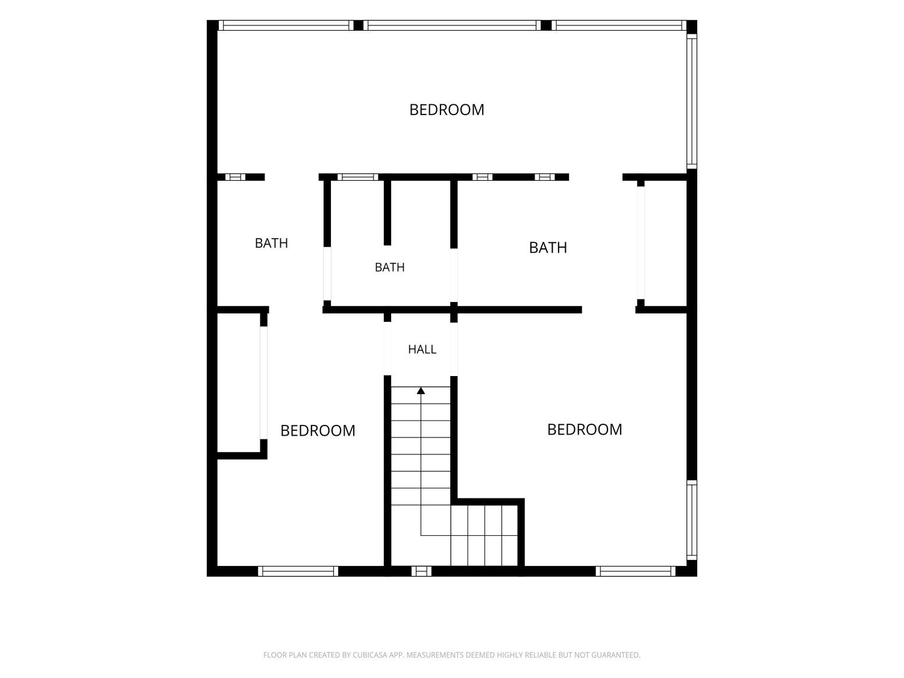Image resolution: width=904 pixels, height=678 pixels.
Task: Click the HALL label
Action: coord(422,350)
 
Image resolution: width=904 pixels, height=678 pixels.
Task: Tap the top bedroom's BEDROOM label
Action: coord(447,110)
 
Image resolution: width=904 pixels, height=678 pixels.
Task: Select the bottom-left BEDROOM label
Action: coord(318,431)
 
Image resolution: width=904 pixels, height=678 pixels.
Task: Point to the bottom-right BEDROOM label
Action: coord(585,430)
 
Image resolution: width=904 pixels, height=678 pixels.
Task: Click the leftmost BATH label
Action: coord(271,243)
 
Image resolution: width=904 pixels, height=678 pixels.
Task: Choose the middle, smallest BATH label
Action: coord(389,268)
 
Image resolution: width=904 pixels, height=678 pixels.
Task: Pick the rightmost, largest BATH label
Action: coord(548,248)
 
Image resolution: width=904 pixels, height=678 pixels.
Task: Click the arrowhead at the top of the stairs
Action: coord(421,391)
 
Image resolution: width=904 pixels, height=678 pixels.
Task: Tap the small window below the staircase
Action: coord(421,571)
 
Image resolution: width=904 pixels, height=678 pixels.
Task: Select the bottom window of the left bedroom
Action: coord(298,571)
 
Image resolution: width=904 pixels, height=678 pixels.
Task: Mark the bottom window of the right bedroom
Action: coord(635,571)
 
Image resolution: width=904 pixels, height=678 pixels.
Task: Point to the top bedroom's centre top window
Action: coord(452,25)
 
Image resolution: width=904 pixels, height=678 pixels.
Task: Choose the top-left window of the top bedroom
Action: coord(286,25)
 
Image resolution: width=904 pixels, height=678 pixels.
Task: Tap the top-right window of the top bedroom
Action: coord(619,25)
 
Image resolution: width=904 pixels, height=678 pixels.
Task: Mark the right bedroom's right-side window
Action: coord(692,520)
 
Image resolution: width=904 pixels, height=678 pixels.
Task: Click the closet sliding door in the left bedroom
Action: coord(263,383)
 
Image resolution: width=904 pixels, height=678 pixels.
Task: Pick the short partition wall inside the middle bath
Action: coord(387,213)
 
